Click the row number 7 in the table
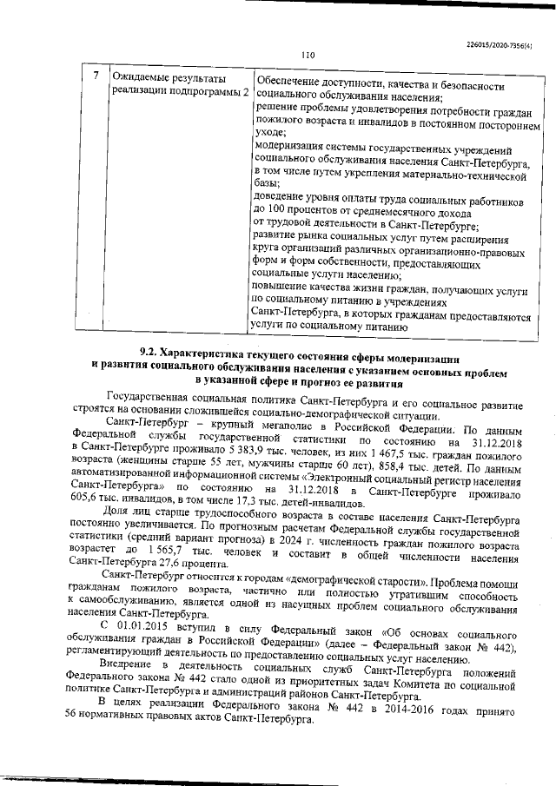[x=96, y=76]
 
